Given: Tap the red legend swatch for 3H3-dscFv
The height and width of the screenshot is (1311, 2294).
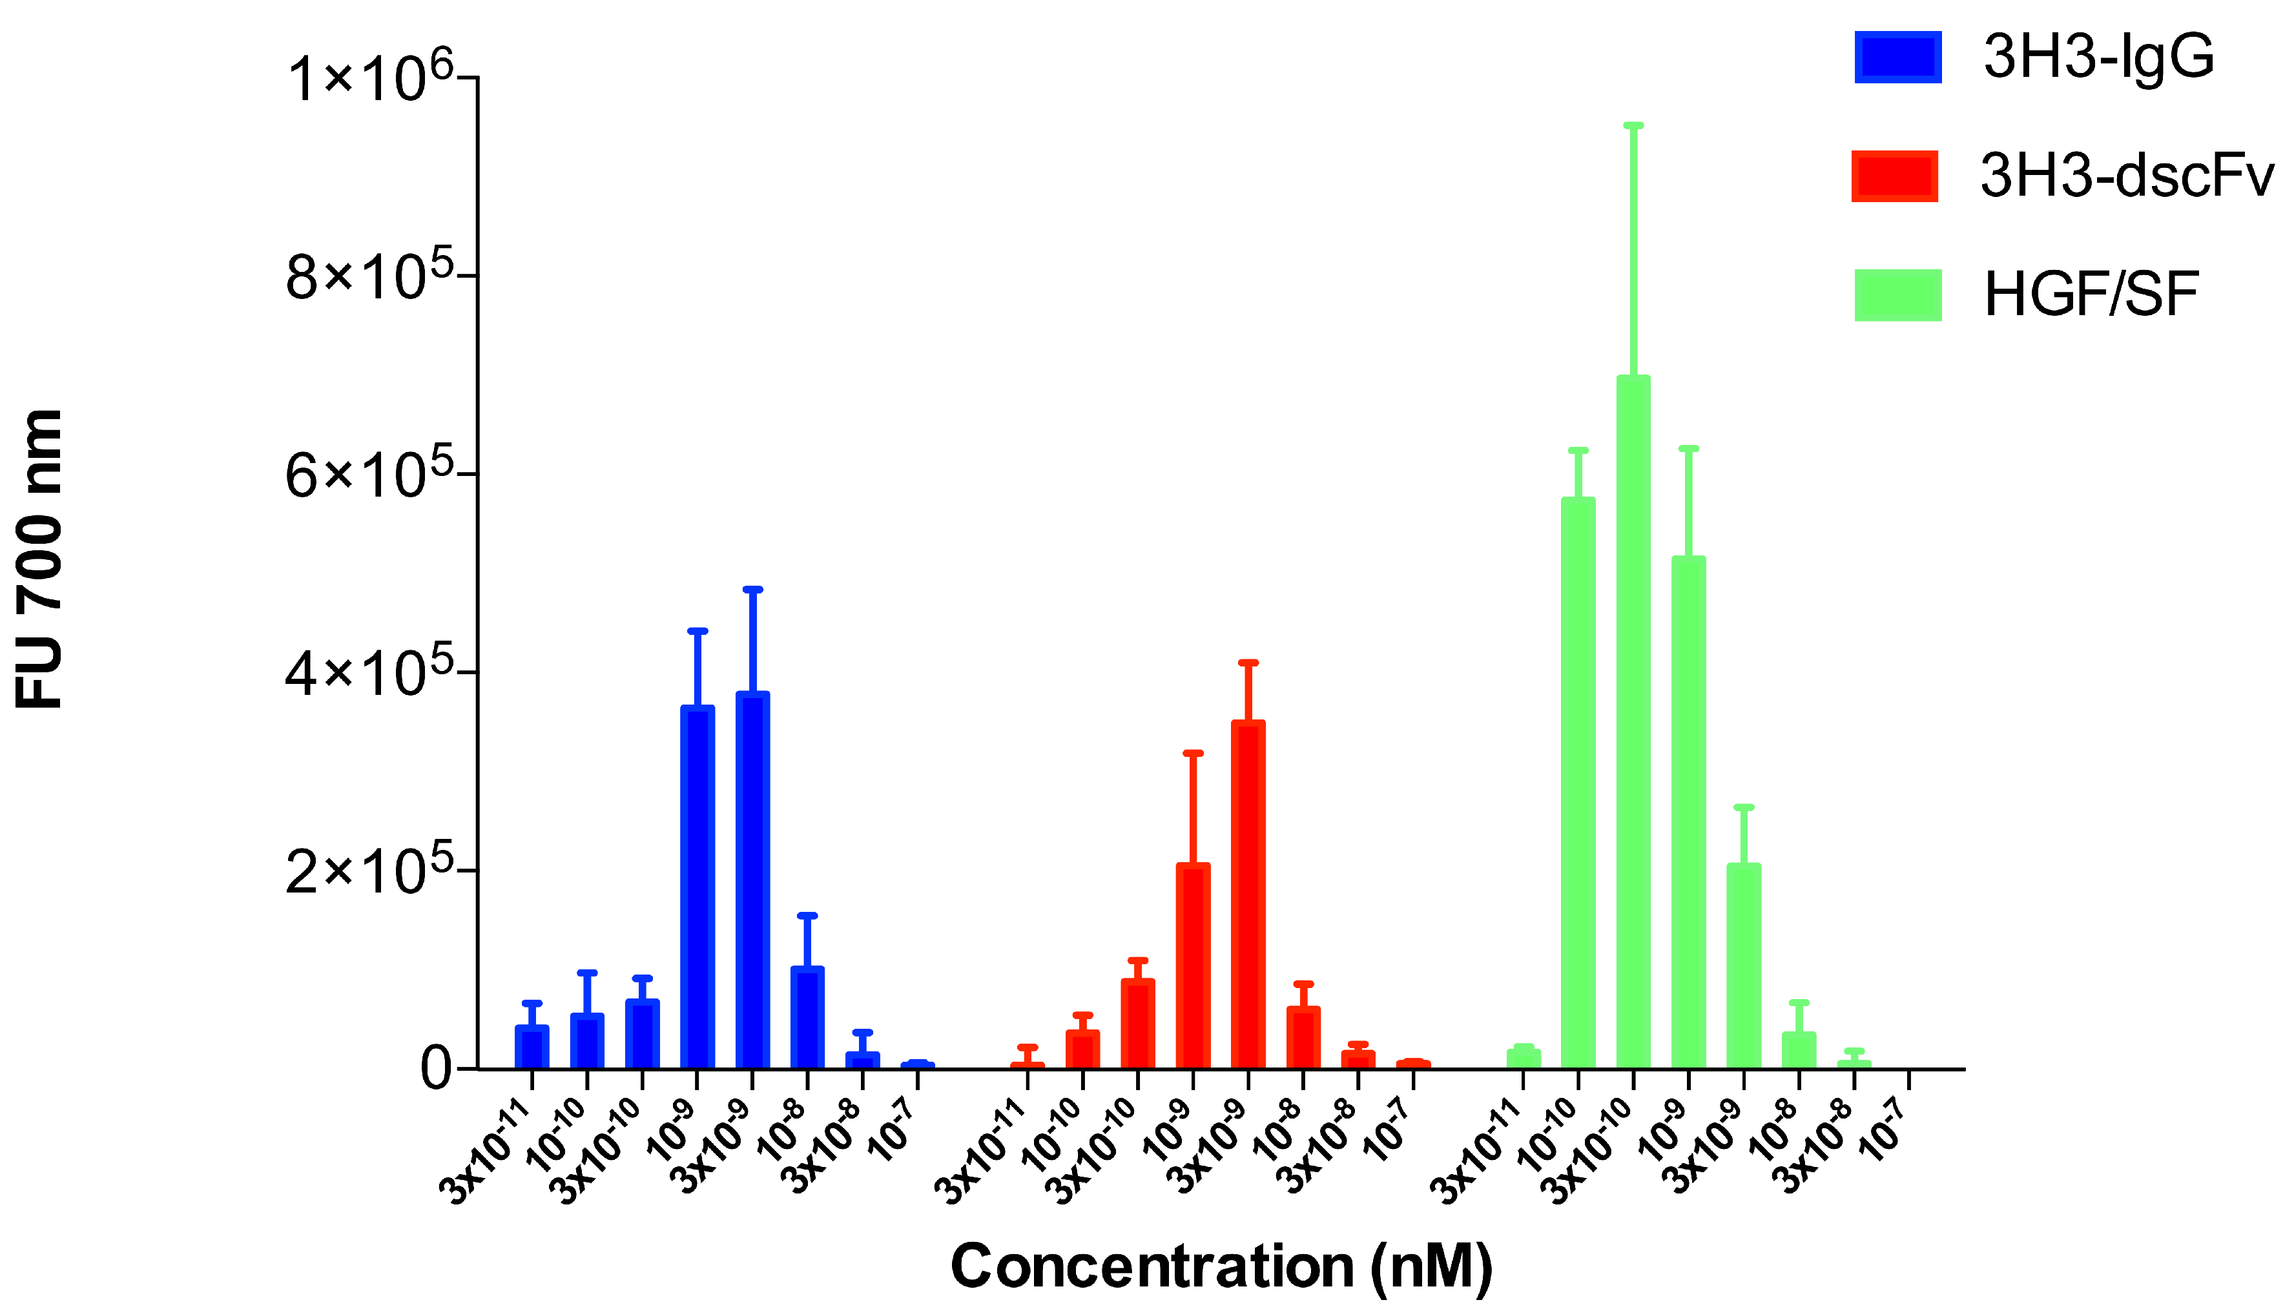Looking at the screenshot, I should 1894,176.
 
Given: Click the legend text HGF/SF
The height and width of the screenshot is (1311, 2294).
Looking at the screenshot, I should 2091,294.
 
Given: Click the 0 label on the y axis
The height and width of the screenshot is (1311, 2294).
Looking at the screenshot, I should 437,1069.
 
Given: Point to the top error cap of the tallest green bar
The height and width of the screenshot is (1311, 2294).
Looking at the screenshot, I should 1633,125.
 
